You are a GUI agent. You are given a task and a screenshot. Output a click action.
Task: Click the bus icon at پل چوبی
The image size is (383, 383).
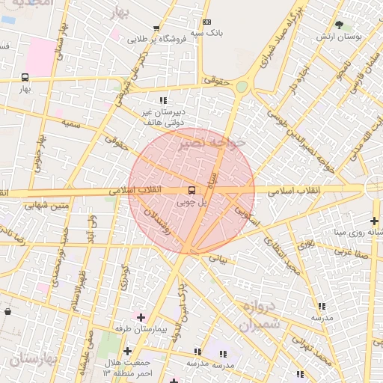click(191, 190)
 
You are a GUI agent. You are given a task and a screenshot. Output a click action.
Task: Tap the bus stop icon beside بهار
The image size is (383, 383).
click(25, 77)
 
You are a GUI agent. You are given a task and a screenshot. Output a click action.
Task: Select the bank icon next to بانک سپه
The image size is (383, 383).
click(206, 22)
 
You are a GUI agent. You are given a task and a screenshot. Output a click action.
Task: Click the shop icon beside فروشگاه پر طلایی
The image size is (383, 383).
click(156, 27)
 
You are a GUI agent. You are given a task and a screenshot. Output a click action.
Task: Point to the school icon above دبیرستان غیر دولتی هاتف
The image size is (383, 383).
click(162, 100)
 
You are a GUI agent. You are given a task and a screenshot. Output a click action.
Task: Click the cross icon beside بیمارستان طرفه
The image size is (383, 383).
click(141, 317)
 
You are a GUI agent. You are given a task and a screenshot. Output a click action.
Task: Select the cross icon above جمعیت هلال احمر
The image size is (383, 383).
click(127, 351)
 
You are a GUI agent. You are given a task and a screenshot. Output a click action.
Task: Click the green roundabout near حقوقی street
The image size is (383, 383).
click(242, 87)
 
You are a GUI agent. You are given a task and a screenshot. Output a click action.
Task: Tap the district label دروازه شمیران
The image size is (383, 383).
click(260, 316)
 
